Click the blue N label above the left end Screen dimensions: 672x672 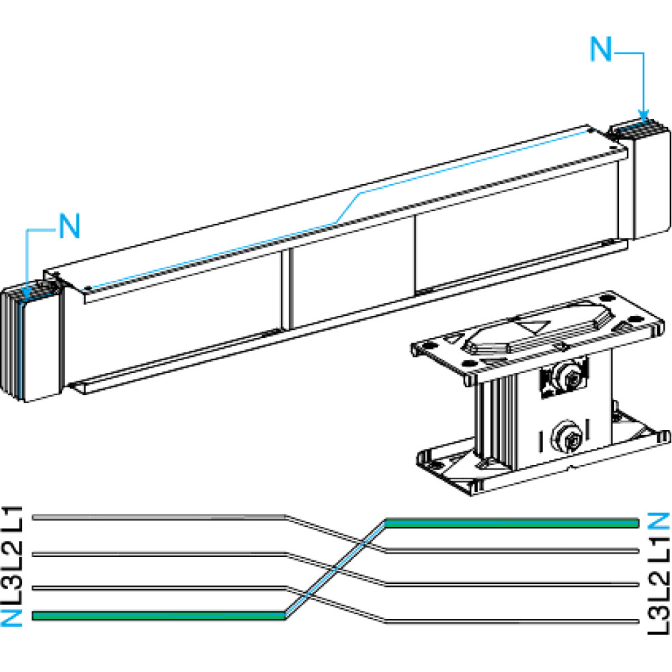(69, 226)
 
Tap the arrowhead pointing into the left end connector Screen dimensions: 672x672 (26, 290)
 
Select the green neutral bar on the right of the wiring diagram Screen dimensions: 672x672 (511, 523)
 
